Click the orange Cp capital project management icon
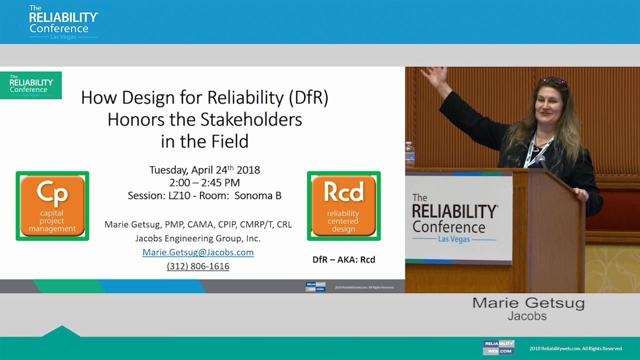tap(52, 206)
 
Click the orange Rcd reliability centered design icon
tap(343, 206)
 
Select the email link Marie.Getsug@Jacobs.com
tap(198, 252)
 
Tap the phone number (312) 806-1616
tap(198, 266)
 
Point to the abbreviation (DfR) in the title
tap(308, 97)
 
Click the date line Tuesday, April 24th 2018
tap(204, 169)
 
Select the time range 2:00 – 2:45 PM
tap(204, 182)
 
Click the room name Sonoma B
tap(257, 195)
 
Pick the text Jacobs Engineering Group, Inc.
tap(198, 238)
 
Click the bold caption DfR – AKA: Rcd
tap(343, 259)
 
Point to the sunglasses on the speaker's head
tap(552, 80)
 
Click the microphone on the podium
tap(541, 161)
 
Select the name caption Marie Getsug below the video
tap(528, 303)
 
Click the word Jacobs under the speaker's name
tap(527, 316)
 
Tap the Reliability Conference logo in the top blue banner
tap(63, 21)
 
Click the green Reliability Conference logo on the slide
tap(31, 85)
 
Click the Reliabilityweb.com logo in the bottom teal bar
tap(498, 347)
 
